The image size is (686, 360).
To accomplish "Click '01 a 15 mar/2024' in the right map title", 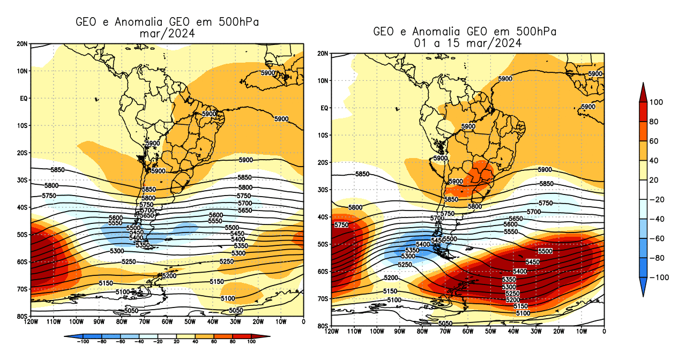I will tap(465, 43).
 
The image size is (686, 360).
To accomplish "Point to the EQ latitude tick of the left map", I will tap(24, 98).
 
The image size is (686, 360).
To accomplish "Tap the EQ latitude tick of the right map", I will tap(324, 108).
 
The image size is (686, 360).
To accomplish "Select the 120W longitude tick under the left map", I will tap(31, 322).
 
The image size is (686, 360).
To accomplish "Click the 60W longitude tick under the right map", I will tap(467, 332).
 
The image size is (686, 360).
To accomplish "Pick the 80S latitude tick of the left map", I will tap(23, 316).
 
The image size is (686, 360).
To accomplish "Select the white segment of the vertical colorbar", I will tap(643, 189).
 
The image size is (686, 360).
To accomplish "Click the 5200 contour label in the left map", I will tap(169, 275).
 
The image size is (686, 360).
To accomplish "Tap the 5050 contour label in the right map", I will tap(445, 324).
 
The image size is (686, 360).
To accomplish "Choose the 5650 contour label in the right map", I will tap(516, 219).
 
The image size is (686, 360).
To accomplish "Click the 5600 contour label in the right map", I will tap(510, 225).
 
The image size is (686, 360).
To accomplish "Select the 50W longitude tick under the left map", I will tap(190, 322).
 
